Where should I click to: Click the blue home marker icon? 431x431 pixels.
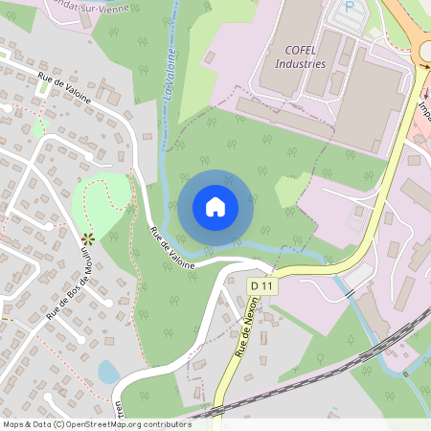(215, 206)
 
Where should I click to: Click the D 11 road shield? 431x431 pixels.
(261, 286)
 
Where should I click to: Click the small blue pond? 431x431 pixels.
(108, 372)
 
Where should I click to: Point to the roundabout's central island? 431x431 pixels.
(427, 50)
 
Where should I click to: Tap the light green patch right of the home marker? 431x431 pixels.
(292, 191)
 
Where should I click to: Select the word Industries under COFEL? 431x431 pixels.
(300, 63)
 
